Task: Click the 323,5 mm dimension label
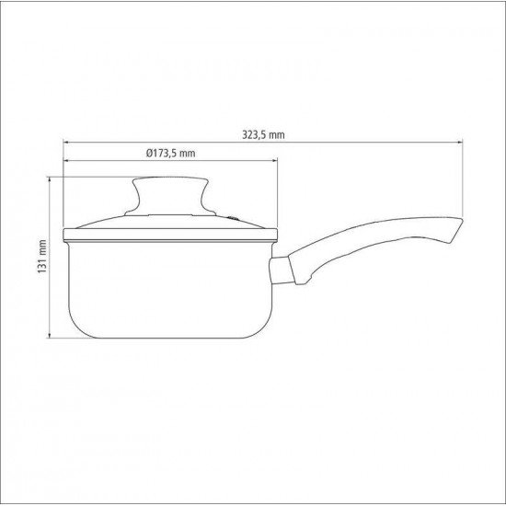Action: [x=261, y=134]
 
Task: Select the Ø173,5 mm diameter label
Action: [x=171, y=154]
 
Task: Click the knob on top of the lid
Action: [x=167, y=195]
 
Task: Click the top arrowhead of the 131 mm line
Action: [x=52, y=178]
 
